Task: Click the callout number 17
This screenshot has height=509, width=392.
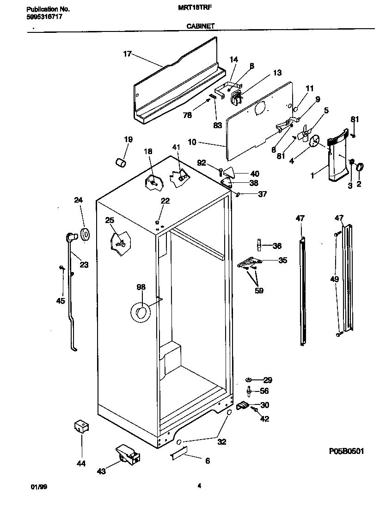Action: click(128, 54)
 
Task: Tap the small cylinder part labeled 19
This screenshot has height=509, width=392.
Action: click(121, 162)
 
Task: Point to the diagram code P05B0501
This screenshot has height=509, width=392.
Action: click(343, 451)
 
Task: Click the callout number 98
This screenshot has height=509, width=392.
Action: click(141, 287)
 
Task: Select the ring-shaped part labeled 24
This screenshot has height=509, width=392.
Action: click(85, 235)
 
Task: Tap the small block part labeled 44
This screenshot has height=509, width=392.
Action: click(82, 427)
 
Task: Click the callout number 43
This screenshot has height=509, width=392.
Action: click(101, 471)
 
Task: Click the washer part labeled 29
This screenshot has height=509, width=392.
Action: click(249, 380)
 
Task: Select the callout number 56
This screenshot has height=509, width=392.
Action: click(264, 391)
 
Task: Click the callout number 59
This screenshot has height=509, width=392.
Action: click(259, 291)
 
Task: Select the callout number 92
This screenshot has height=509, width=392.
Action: click(201, 162)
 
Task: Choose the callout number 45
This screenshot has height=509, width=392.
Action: click(61, 301)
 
